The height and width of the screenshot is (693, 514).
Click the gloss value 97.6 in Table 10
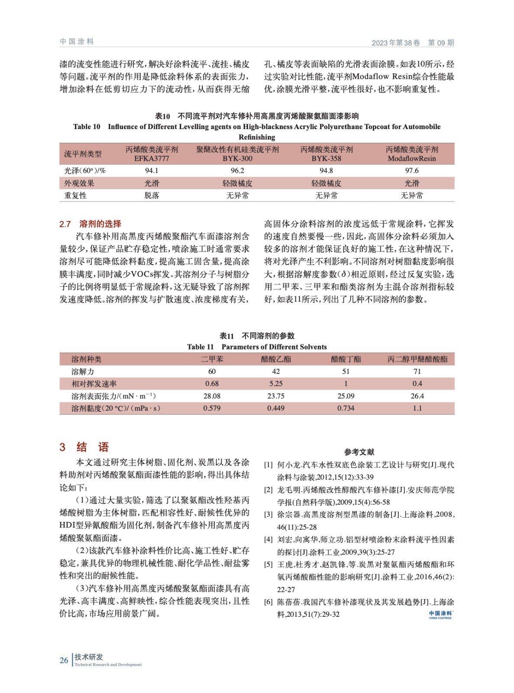411,171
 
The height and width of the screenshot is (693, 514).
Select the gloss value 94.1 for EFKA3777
152,171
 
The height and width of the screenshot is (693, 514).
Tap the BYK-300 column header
237,154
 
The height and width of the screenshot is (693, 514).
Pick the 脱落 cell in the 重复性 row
152,195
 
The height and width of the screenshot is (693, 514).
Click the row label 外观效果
79,183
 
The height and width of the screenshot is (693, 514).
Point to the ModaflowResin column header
411,154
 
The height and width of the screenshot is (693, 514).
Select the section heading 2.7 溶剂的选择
90,224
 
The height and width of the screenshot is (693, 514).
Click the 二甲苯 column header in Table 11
212,359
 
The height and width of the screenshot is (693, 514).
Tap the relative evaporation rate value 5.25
276,384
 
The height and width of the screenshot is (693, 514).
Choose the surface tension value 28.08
212,396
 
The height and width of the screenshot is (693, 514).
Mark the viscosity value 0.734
346,408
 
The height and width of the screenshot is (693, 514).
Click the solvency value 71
417,371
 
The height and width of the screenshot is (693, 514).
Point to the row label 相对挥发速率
94,384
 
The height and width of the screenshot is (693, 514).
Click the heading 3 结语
84,447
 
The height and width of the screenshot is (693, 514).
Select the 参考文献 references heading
359,452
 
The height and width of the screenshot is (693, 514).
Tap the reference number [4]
268,539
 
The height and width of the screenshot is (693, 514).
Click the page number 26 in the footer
64,660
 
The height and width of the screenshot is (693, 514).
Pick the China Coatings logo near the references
440,615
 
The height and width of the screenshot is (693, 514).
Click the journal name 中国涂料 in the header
77,42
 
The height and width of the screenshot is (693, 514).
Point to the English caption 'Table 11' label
200,347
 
